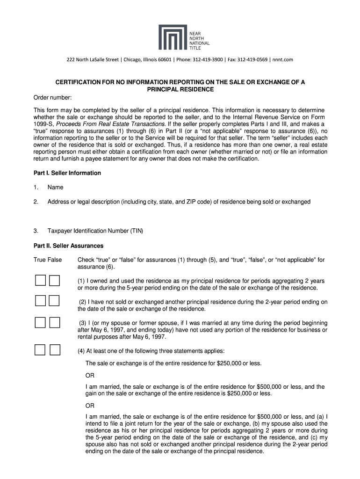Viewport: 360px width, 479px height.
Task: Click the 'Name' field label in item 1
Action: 55,188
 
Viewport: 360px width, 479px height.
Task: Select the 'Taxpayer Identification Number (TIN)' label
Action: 95,231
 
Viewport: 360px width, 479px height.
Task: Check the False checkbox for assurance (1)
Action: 55,281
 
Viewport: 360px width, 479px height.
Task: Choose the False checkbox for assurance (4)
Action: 55,349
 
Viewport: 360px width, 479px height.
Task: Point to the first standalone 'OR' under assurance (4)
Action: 90,376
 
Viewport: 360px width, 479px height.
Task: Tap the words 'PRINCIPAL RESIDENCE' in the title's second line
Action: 180,89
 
